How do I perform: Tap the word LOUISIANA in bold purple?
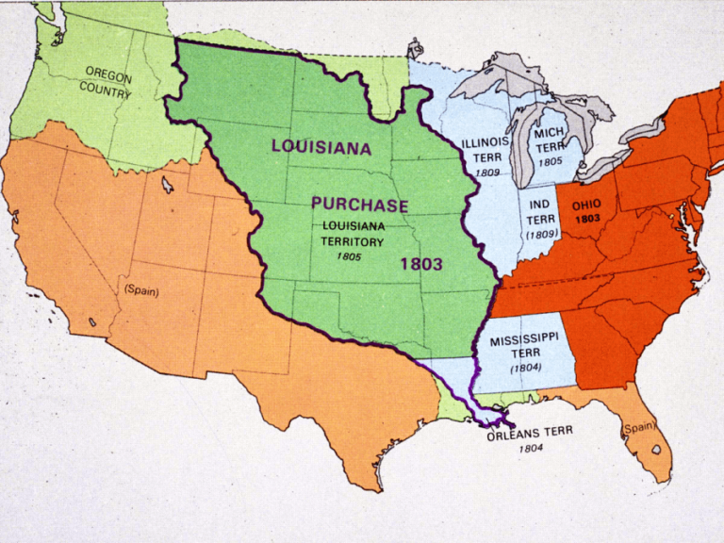(x=321, y=147)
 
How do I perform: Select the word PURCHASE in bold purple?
(x=360, y=206)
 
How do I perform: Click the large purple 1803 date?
(x=420, y=264)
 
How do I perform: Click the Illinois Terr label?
(x=486, y=149)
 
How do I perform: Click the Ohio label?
(x=585, y=204)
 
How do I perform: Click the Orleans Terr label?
(x=530, y=433)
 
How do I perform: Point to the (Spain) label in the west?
(x=141, y=291)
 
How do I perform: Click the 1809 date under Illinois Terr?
(x=487, y=173)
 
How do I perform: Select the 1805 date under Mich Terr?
(x=550, y=162)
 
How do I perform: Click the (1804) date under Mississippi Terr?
(x=525, y=368)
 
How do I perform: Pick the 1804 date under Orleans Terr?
(x=530, y=449)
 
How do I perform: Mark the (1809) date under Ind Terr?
(x=541, y=233)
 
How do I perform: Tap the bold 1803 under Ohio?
(x=586, y=218)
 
